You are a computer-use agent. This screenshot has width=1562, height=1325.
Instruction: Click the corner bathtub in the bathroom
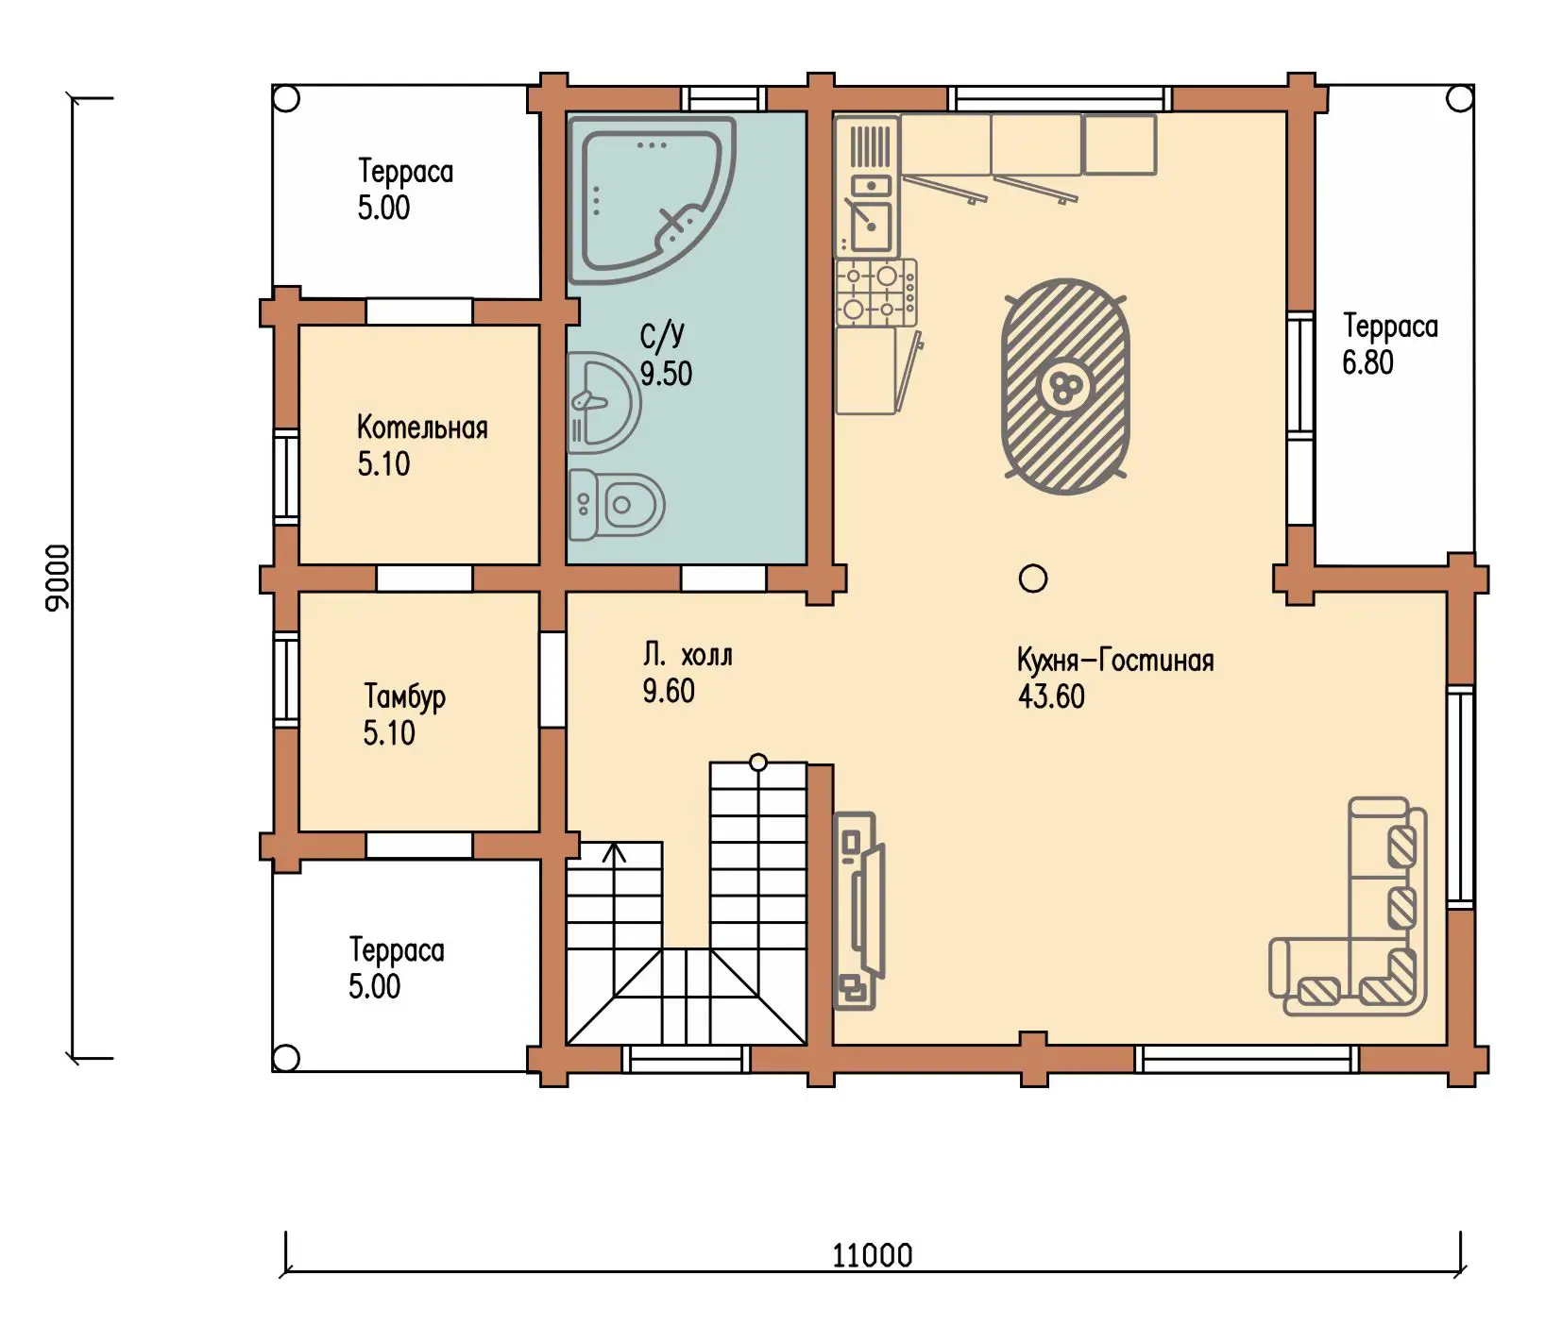point(652,200)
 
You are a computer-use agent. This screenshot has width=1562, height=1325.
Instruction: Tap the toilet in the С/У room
point(616,505)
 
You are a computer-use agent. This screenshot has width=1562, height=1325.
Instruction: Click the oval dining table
point(1065,386)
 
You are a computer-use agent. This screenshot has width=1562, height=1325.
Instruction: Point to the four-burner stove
point(876,293)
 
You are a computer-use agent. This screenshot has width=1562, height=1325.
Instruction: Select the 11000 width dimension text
point(873,1255)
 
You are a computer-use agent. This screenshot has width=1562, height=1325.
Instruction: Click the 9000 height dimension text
point(58,578)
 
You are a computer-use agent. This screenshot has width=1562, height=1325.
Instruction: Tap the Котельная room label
point(422,428)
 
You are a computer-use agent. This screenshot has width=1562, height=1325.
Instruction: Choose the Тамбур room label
point(404,697)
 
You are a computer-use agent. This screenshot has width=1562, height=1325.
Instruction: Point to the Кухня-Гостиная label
point(1115,660)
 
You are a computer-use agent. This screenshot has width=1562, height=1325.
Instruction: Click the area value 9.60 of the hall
point(669,692)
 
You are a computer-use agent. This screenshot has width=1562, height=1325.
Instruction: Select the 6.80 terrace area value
point(1367,362)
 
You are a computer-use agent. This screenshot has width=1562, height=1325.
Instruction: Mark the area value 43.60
point(1051,696)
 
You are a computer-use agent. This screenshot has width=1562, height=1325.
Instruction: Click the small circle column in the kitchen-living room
point(1033,579)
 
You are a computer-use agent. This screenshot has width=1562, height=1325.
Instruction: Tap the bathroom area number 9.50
point(666,374)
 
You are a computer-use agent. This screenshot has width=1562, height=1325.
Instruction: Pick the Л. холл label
point(688,655)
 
